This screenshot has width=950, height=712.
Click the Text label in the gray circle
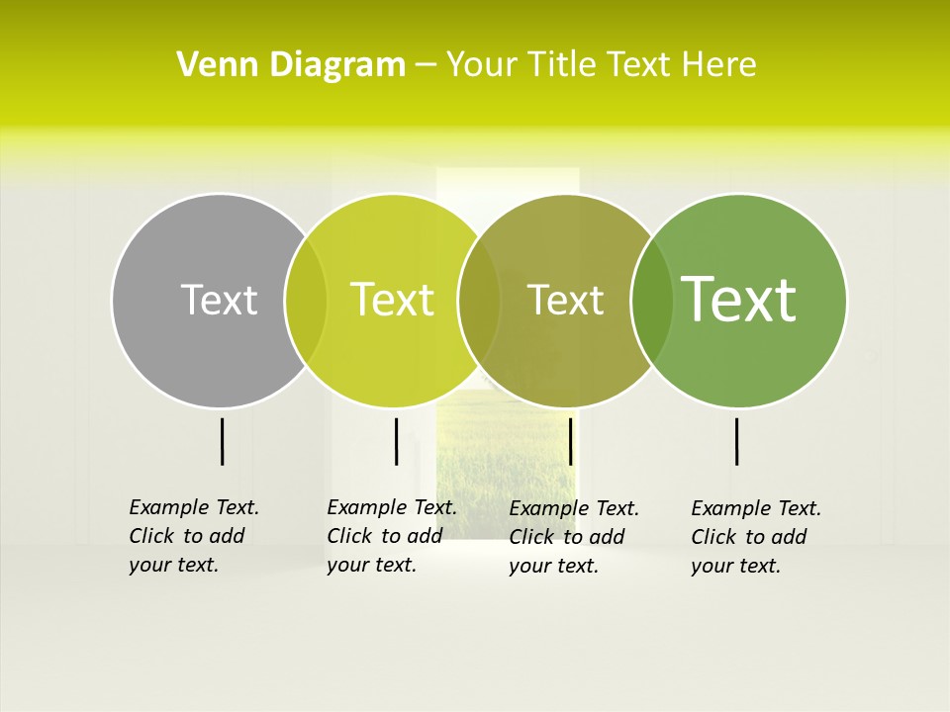(219, 300)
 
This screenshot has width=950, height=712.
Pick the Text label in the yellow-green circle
(392, 300)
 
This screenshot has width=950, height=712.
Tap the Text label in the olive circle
(565, 300)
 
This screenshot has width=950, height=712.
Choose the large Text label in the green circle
(738, 300)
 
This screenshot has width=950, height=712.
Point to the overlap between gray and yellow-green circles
(306, 300)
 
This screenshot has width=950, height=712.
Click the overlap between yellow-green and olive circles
(479, 300)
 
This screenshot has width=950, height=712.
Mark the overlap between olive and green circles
(651, 300)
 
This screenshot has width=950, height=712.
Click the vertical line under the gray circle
(222, 441)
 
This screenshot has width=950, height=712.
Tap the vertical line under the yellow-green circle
(396, 441)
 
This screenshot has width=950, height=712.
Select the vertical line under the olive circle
(570, 441)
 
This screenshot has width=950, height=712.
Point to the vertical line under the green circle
(736, 441)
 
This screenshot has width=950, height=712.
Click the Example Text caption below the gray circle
(193, 536)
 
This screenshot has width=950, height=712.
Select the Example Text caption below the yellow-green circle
(391, 536)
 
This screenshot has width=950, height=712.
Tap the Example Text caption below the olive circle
(573, 537)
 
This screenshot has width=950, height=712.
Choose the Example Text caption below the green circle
(755, 537)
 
